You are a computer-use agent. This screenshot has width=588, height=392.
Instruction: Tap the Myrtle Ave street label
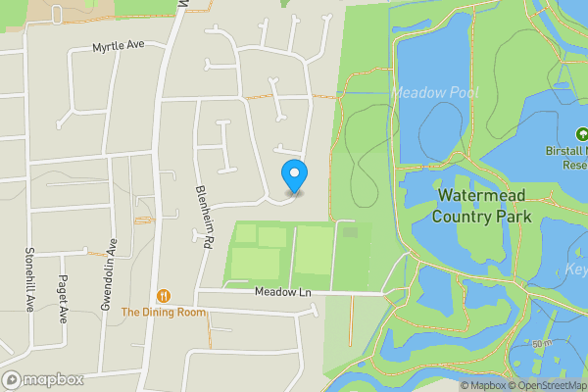(118, 46)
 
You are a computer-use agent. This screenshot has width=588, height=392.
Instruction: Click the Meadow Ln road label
(282, 292)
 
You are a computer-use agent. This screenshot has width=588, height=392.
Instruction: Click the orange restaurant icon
(164, 295)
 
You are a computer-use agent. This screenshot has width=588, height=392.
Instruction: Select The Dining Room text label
(164, 312)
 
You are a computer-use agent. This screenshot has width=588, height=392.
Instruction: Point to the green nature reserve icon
(580, 134)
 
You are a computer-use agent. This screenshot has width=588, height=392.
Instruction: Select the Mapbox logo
(42, 379)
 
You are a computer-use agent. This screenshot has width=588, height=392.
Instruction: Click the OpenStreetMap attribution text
(549, 385)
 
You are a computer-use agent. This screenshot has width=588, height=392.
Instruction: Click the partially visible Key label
(576, 269)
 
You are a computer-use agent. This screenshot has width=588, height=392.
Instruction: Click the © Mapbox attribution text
(483, 385)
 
